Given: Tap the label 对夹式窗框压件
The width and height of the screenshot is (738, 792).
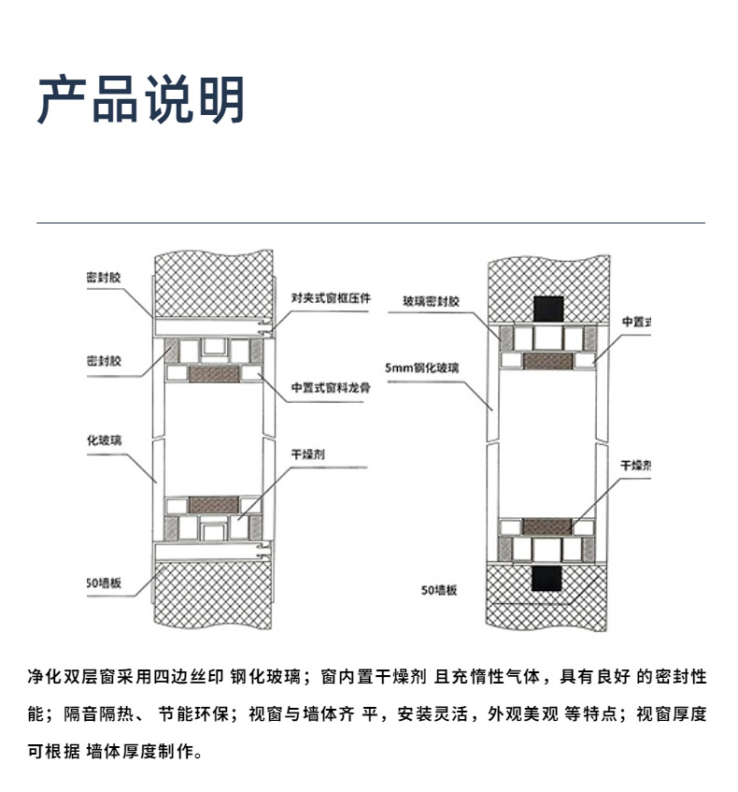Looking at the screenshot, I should coord(331,298).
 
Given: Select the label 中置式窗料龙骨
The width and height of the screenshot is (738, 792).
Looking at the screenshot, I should coord(331,388).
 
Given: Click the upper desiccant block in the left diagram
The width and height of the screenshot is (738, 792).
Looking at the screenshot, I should coord(214,374).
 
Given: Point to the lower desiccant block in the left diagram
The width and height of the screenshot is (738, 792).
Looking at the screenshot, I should coord(214,505).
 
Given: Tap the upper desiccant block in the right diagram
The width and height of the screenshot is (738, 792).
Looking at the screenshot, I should coord(547,359).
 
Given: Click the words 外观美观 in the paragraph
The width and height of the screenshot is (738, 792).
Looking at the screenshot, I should coord(526,714).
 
